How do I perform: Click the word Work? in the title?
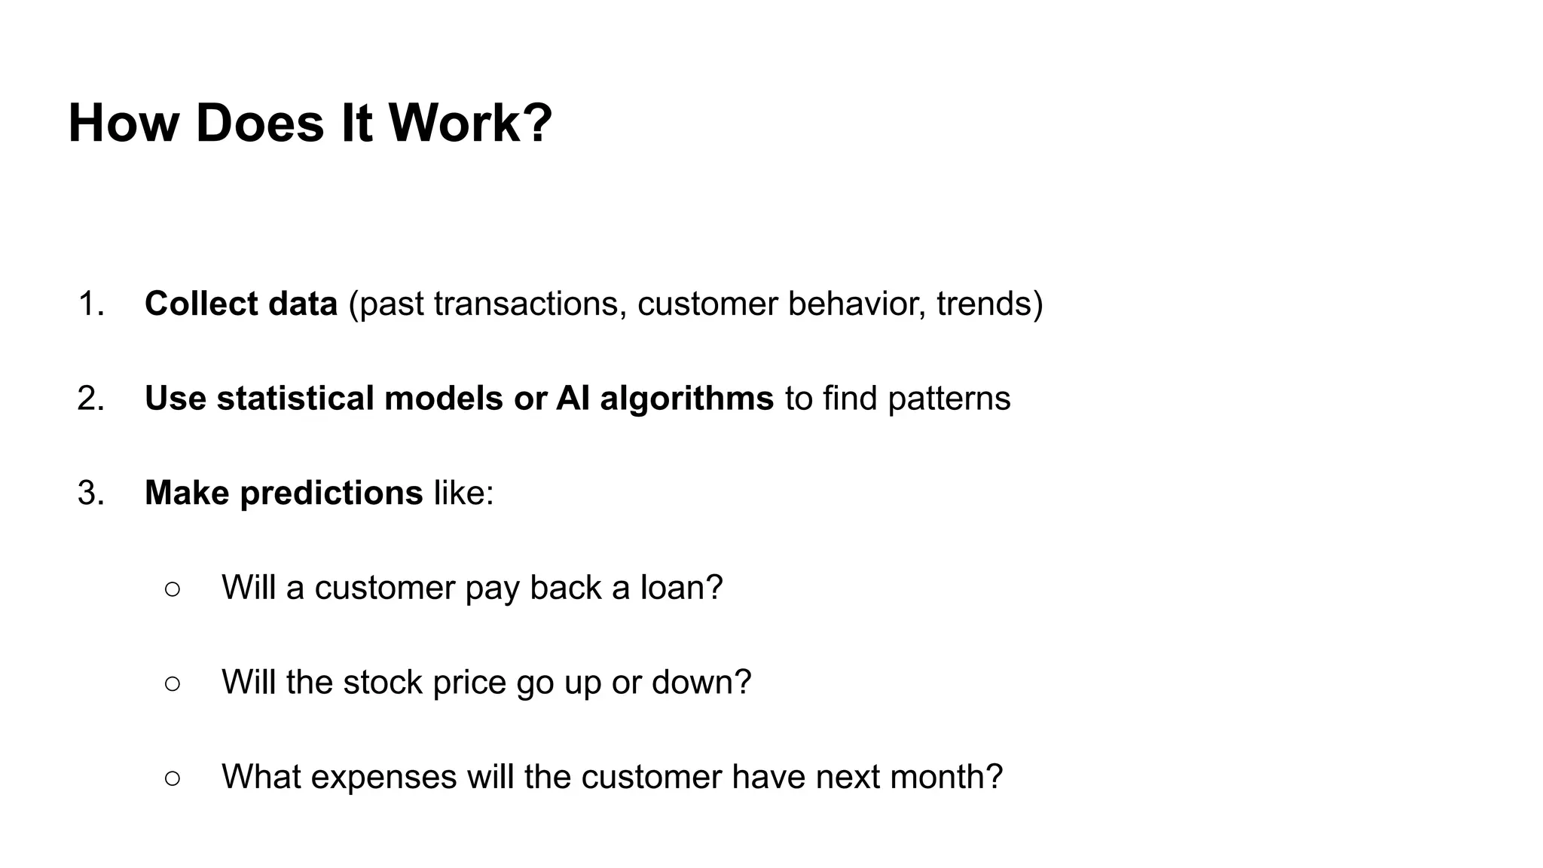pyautogui.click(x=470, y=123)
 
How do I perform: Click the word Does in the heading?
pyautogui.click(x=259, y=123)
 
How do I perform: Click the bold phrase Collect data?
pyautogui.click(x=240, y=304)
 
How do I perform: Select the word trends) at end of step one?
pyautogui.click(x=989, y=304)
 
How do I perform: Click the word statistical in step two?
pyautogui.click(x=295, y=399)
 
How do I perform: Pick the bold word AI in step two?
pyautogui.click(x=573, y=399)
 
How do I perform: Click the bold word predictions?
pyautogui.click(x=331, y=494)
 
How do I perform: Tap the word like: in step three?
pyautogui.click(x=463, y=494)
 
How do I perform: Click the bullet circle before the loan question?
pyautogui.click(x=173, y=588)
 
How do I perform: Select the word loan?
pyautogui.click(x=681, y=588)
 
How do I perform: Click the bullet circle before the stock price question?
pyautogui.click(x=173, y=683)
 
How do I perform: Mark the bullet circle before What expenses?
pyautogui.click(x=173, y=778)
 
